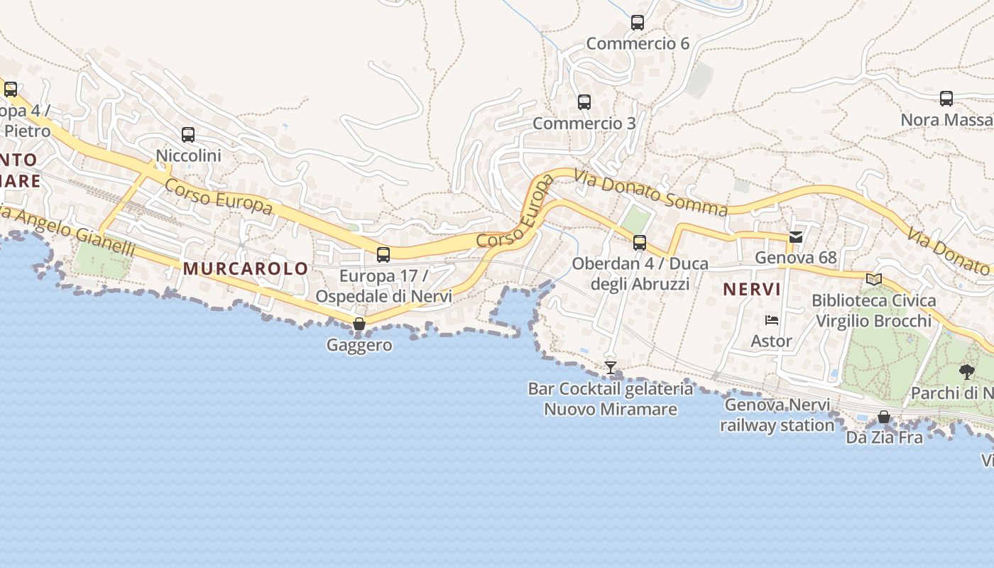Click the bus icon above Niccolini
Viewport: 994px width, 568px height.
[x=188, y=134]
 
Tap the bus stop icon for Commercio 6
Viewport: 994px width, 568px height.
[x=638, y=23]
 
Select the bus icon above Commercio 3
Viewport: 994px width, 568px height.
[x=584, y=102]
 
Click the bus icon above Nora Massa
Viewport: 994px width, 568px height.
[x=946, y=99]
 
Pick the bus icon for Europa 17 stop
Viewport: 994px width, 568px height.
[x=383, y=254]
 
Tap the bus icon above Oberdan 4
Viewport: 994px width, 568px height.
[x=640, y=243]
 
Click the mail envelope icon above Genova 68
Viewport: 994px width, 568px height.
[x=796, y=237]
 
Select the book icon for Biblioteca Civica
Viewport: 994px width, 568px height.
[x=874, y=280]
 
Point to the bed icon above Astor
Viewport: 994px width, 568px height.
[x=772, y=320]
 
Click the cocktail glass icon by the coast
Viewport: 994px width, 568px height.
[x=610, y=367]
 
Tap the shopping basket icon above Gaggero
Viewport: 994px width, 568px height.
[x=359, y=324]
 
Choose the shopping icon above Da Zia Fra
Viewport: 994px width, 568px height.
[x=884, y=417]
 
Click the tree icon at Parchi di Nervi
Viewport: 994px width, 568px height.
[x=966, y=371]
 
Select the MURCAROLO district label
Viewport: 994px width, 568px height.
[x=246, y=269]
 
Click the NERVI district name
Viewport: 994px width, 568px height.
[x=752, y=289]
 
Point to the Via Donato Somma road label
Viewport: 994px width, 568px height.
[x=651, y=192]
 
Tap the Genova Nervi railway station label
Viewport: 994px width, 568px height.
[x=777, y=415]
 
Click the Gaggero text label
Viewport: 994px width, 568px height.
[x=359, y=346]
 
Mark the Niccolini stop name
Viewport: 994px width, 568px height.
[x=189, y=155]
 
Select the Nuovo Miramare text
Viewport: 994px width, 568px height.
[x=611, y=410]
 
